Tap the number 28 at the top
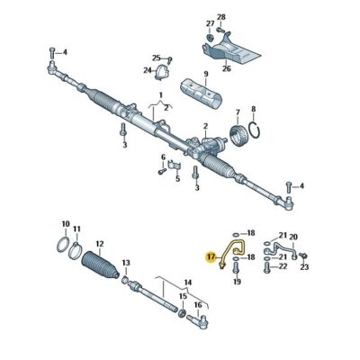tap(220, 15)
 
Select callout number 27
tap(209, 22)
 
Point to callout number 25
tap(156, 57)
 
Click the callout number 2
tap(205, 127)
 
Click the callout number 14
tap(187, 282)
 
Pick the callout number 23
tap(303, 267)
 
